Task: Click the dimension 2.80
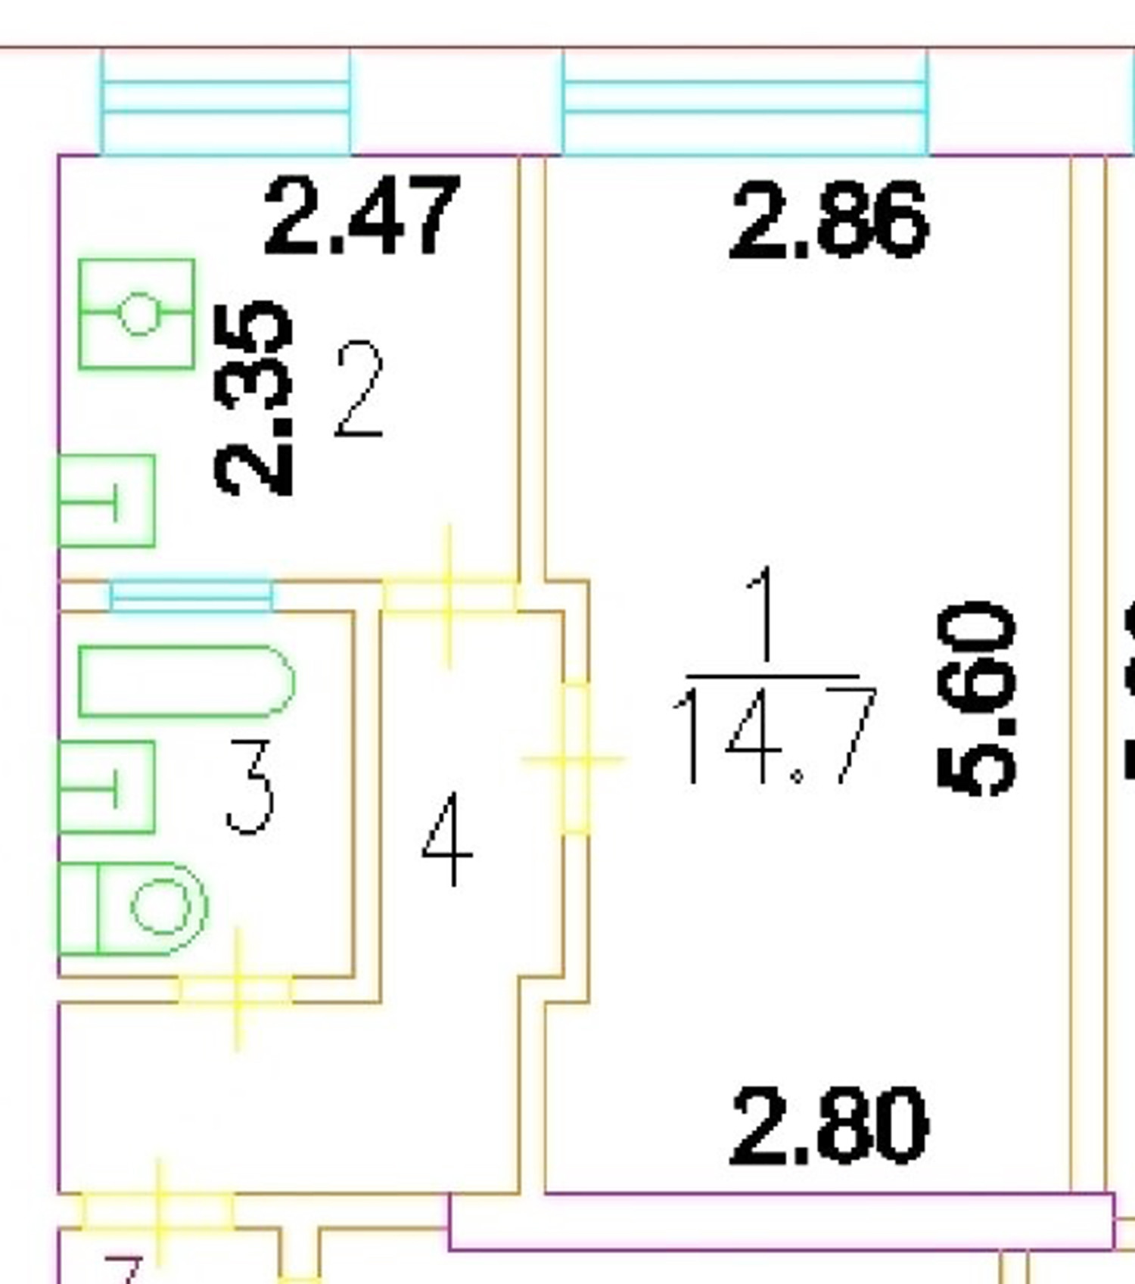pos(828,1125)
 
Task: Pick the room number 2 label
pos(359,389)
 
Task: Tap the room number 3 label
pos(250,787)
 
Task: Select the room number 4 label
pos(448,838)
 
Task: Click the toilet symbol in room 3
pos(132,908)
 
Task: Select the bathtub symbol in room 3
pos(185,681)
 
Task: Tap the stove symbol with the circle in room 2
pos(137,313)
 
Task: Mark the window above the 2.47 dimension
pos(226,102)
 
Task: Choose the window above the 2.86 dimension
pos(745,102)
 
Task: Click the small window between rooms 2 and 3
pos(191,595)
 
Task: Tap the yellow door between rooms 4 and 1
pos(575,758)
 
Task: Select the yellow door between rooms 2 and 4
pos(449,595)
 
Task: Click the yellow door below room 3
pos(237,989)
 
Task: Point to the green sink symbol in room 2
pos(107,501)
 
